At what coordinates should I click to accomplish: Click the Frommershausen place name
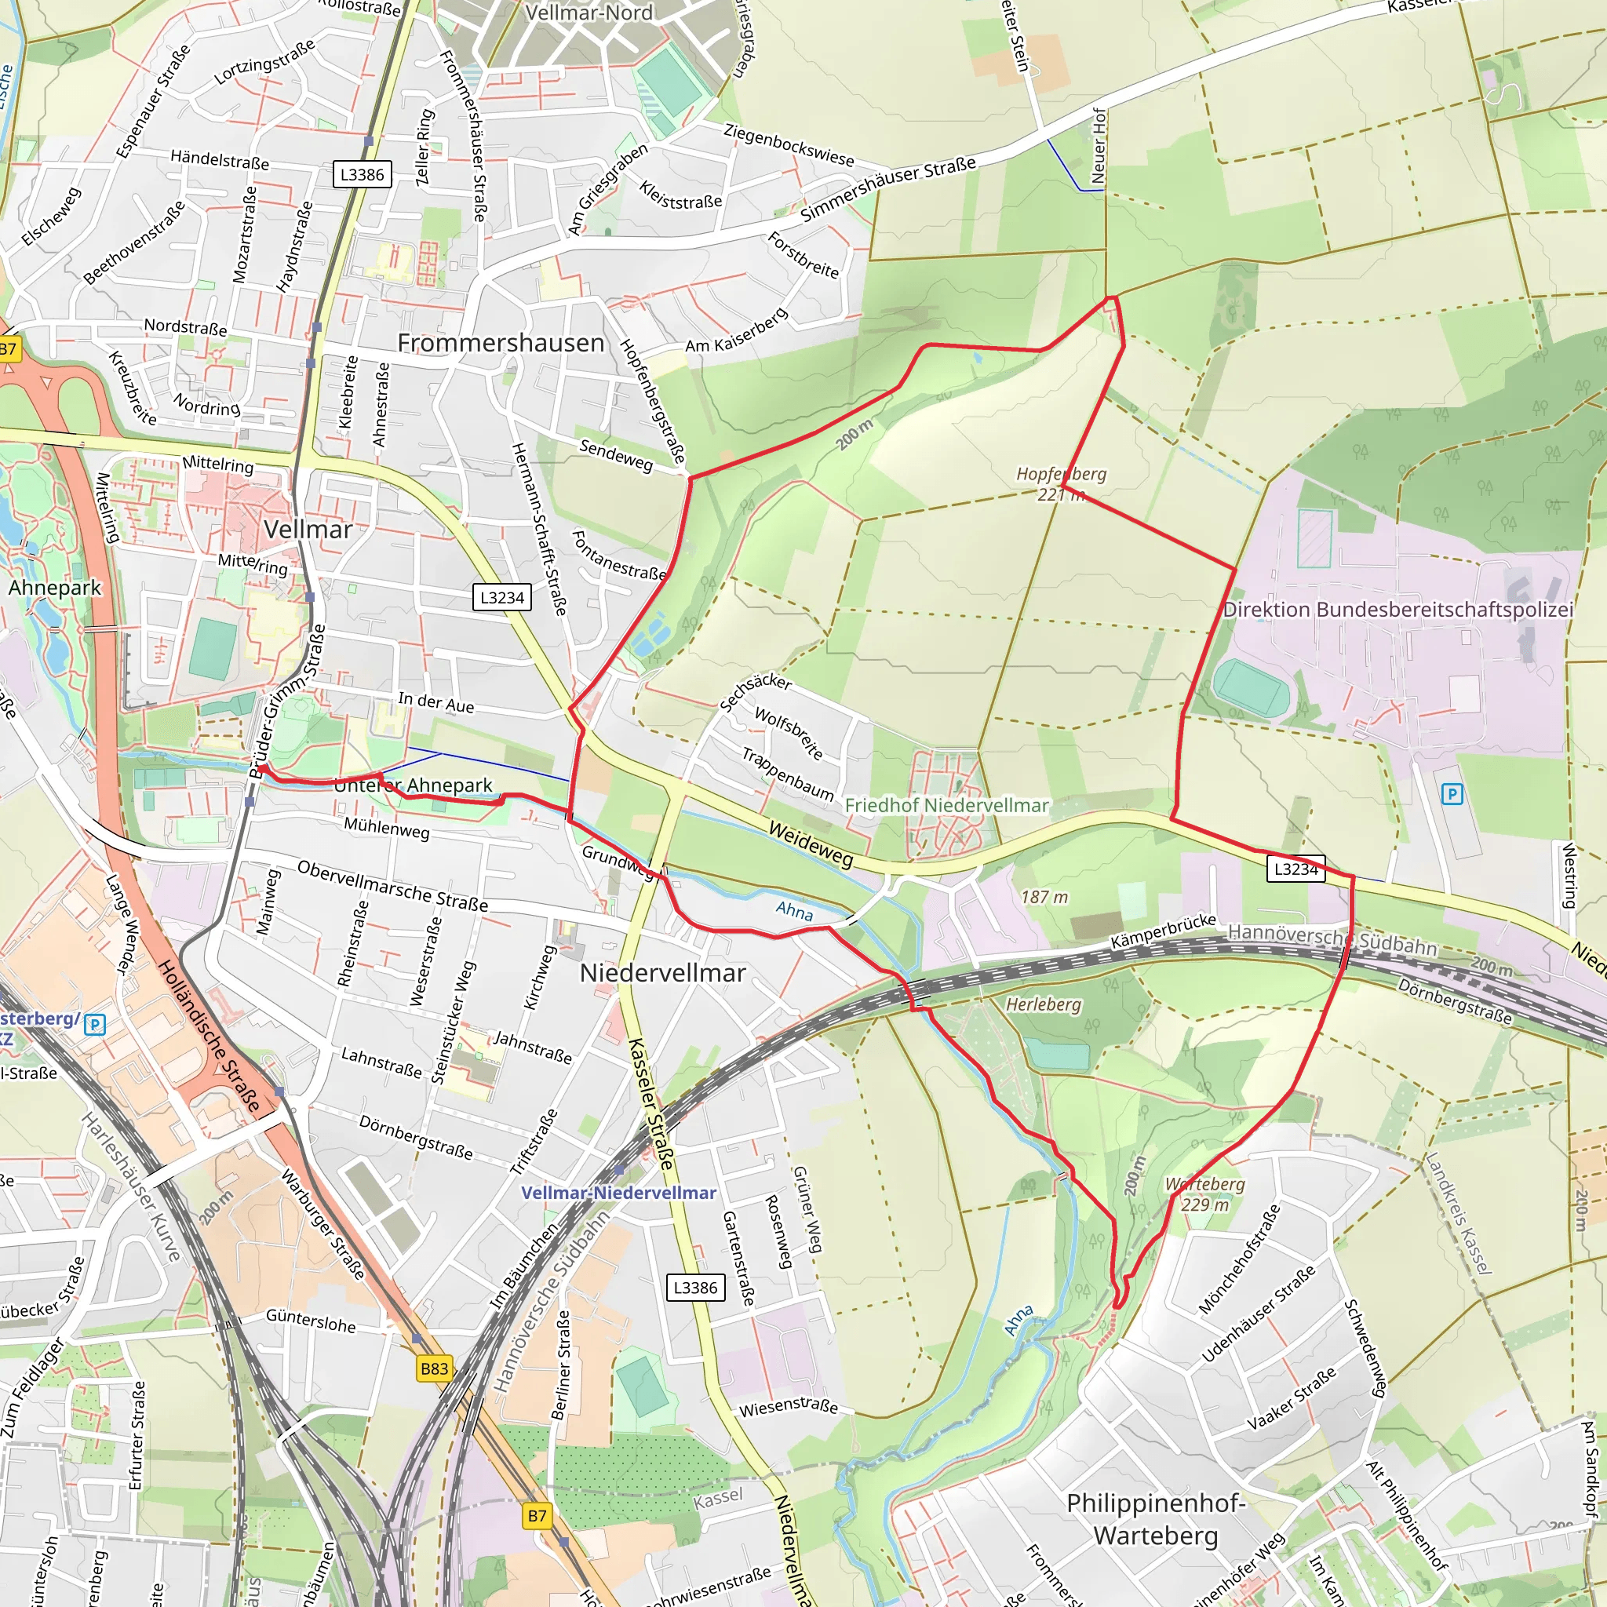pos(501,343)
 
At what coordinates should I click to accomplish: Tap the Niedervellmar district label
pos(662,972)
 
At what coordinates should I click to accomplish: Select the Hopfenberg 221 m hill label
pos(1062,483)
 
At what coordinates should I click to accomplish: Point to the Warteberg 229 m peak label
pos(1205,1193)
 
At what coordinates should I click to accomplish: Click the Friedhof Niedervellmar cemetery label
pos(946,805)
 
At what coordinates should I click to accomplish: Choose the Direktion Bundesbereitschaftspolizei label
pos(1397,610)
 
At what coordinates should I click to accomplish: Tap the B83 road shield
pos(434,1368)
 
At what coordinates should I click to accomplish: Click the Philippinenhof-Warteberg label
pos(1155,1519)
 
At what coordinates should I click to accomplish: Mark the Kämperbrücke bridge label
pos(1164,931)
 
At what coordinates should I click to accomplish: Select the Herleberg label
pos(1043,1004)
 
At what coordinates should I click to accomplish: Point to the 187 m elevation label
pos(1044,897)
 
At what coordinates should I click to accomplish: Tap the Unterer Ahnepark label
pos(414,785)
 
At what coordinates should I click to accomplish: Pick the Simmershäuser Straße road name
pos(887,189)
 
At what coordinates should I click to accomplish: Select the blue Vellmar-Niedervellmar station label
pos(618,1193)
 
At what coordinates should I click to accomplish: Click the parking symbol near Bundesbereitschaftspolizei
pos(1452,793)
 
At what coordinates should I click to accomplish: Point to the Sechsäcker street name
pos(754,691)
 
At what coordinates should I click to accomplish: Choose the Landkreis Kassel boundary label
pos(1458,1213)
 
